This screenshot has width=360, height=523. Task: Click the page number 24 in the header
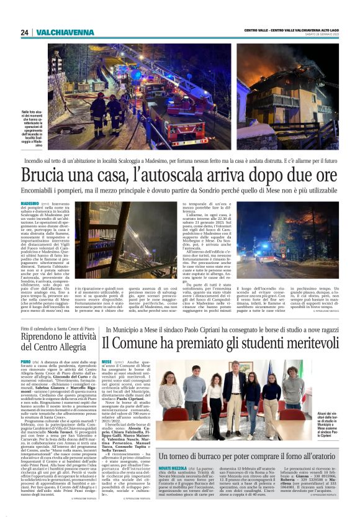tap(25, 32)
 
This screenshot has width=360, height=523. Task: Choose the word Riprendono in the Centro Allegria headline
tap(44, 337)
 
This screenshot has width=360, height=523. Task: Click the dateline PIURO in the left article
tap(25, 361)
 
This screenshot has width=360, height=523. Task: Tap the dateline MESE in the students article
tap(107, 361)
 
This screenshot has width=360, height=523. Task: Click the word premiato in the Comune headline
tap(196, 342)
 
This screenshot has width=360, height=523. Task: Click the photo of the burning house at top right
tap(287, 96)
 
